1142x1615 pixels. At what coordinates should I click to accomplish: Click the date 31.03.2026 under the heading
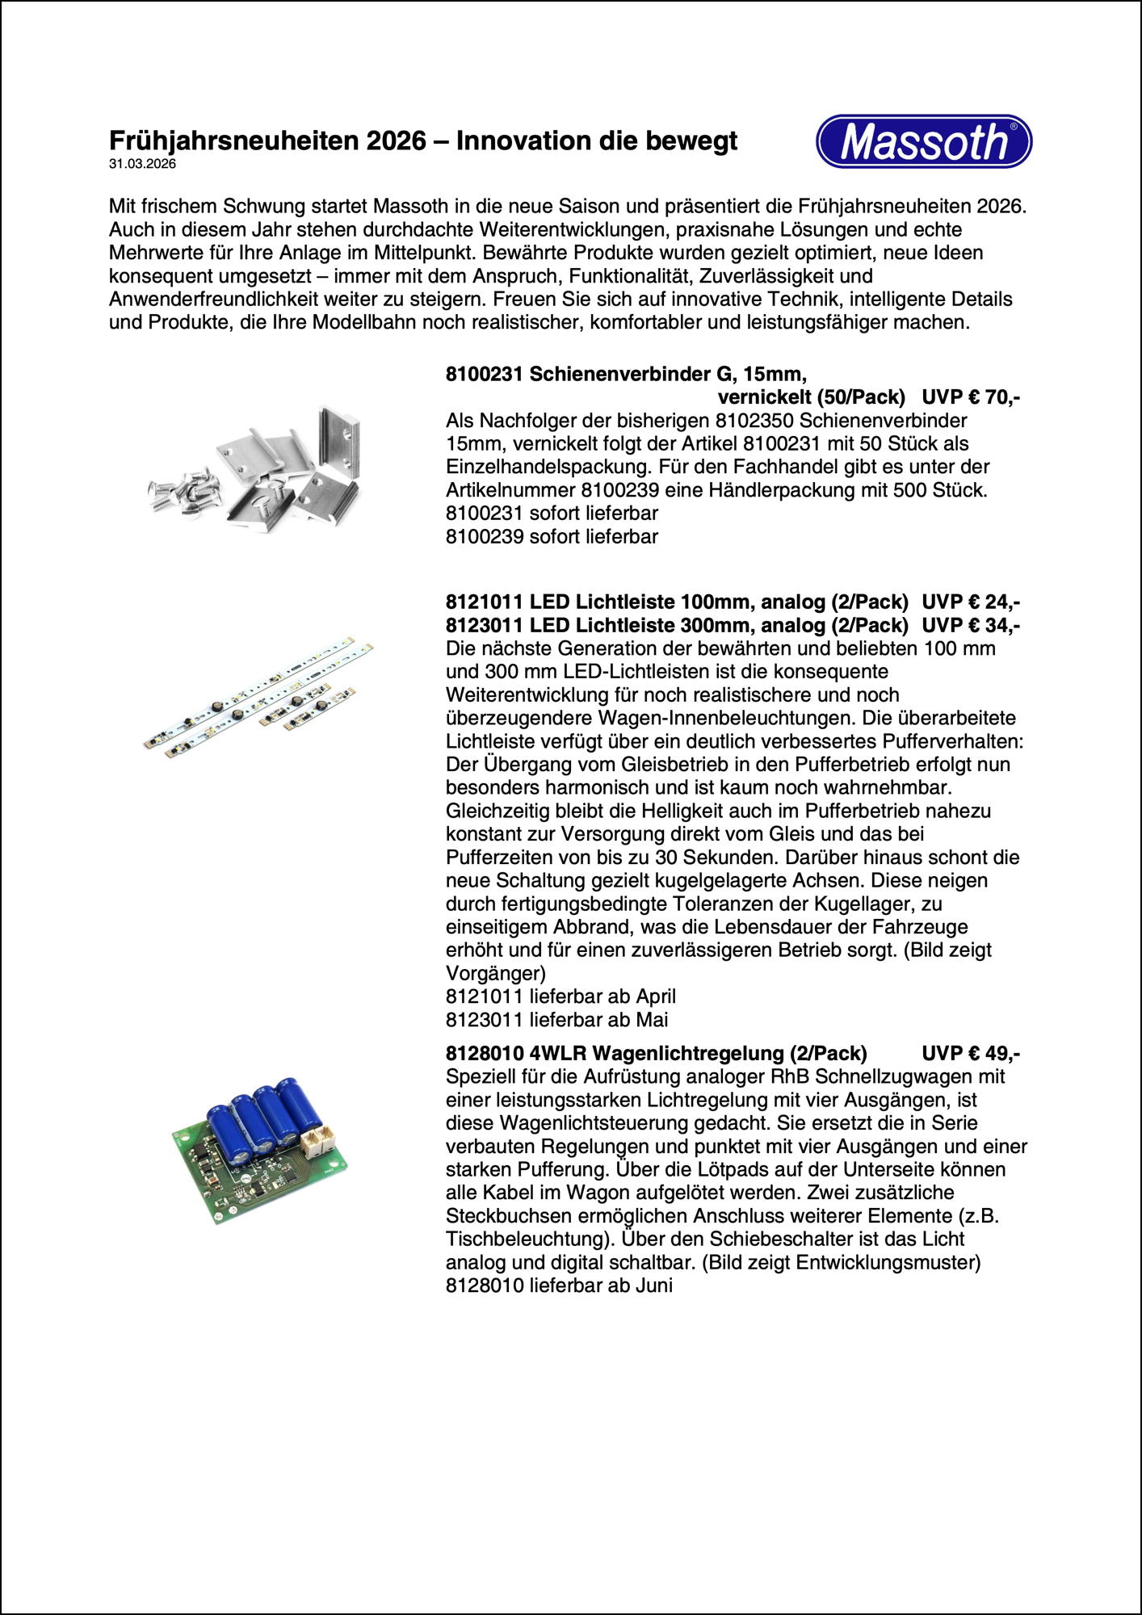(x=142, y=164)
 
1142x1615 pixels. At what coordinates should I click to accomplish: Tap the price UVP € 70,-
(x=970, y=397)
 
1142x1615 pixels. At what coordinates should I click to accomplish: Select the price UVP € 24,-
(x=970, y=602)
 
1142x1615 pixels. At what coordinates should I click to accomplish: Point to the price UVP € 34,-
(x=970, y=625)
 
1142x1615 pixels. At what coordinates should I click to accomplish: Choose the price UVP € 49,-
(x=970, y=1053)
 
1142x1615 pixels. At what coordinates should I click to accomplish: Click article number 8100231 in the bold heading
(x=485, y=374)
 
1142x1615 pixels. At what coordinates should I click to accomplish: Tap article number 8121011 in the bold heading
(x=485, y=602)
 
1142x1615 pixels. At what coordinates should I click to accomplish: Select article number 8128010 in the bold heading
(x=485, y=1053)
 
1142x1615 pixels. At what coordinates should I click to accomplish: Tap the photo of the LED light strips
(x=258, y=696)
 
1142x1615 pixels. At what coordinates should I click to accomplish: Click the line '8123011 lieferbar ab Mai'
(x=556, y=1019)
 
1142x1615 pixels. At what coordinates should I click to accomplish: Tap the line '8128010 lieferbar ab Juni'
(x=559, y=1286)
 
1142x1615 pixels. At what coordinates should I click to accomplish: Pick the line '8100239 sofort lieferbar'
(x=552, y=536)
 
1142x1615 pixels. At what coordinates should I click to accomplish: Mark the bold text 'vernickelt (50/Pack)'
(x=811, y=397)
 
